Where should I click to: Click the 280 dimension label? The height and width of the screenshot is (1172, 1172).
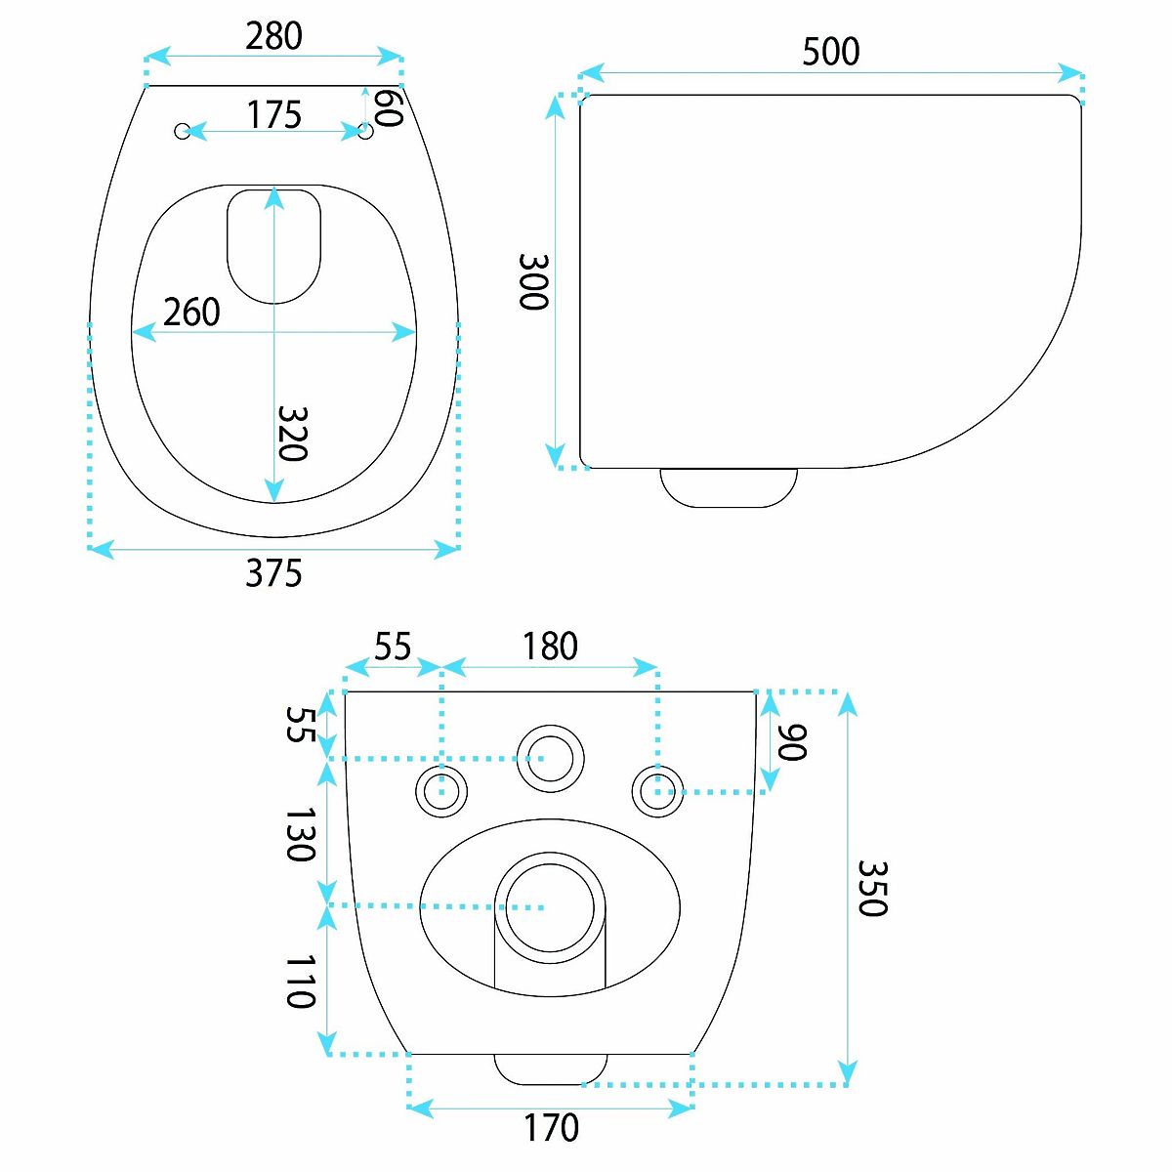[x=273, y=36]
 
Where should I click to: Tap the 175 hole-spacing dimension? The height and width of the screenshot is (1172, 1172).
[x=274, y=114]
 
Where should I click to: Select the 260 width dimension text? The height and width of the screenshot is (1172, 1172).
[x=191, y=312]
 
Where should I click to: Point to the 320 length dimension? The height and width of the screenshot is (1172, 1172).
[x=293, y=433]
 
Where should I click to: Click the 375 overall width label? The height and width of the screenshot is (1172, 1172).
[x=273, y=573]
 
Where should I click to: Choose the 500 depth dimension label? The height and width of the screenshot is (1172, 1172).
[x=831, y=52]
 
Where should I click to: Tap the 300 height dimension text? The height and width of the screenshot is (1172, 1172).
[x=533, y=282]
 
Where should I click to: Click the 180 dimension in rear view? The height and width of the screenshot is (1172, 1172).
[x=550, y=646]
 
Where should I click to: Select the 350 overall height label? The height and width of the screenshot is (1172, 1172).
[x=873, y=888]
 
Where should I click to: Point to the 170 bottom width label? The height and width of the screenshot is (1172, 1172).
[x=551, y=1128]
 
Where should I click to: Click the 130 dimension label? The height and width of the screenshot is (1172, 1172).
[x=301, y=834]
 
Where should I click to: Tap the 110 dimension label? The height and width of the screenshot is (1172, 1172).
[x=301, y=981]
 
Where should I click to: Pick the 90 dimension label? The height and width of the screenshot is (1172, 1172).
[x=792, y=742]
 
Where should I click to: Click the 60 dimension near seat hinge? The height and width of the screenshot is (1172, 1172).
[x=389, y=107]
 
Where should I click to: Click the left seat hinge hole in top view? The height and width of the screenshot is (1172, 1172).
[x=182, y=131]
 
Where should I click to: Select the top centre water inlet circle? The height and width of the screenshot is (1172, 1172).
[x=551, y=758]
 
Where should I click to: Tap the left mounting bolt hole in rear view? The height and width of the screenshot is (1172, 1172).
[x=441, y=792]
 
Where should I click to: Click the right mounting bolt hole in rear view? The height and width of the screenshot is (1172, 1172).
[x=658, y=792]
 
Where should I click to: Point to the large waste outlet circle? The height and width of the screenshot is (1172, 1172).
[x=551, y=907]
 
